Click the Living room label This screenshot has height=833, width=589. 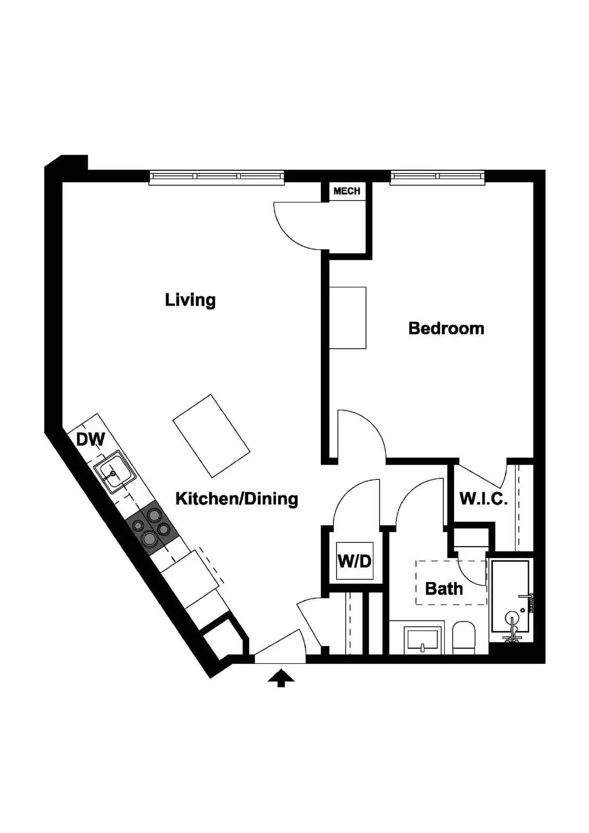(x=190, y=300)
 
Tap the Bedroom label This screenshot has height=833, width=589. (x=446, y=329)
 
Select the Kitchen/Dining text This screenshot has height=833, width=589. (x=236, y=499)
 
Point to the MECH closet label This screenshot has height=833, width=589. (x=347, y=191)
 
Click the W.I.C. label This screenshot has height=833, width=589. (x=483, y=499)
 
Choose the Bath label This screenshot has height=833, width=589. (x=444, y=589)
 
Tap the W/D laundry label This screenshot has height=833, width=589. (x=355, y=561)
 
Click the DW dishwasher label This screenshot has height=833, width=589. (x=91, y=439)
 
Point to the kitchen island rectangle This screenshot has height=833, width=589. (x=211, y=435)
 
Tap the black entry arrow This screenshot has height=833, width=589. (x=281, y=678)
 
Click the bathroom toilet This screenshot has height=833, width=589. (x=463, y=638)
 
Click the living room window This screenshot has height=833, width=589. (x=217, y=177)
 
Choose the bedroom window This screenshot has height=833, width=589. (x=437, y=177)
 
